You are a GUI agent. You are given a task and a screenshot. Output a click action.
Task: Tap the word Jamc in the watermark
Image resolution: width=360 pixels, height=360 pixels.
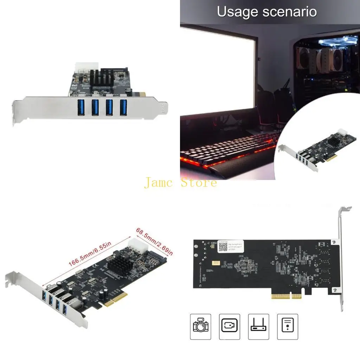click(160, 183)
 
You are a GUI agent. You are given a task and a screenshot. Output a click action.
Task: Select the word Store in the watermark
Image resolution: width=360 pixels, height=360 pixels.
click(199, 183)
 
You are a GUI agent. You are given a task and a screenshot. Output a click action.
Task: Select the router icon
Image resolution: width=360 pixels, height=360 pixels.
click(259, 327)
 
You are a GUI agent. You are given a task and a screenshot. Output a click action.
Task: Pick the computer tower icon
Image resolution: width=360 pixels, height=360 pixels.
click(287, 327)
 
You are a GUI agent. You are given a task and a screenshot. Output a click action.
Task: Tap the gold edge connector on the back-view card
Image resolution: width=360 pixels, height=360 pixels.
click(286, 296)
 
